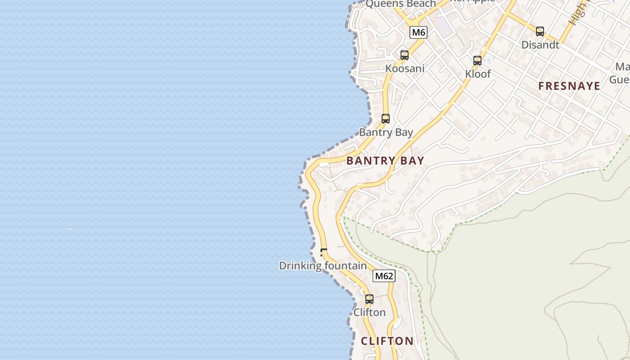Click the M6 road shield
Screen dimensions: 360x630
pos(418,32)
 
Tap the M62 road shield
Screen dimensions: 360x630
pos(384,276)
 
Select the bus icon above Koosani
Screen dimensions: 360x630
pos(405,55)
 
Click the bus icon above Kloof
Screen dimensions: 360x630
pos(477,61)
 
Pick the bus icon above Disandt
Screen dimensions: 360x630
pos(540,31)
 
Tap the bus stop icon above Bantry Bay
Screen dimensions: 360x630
pos(386,119)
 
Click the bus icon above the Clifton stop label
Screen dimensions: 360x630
pos(369,299)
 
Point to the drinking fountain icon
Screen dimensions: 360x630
pos(324,252)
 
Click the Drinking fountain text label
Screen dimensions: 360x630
pos(323,266)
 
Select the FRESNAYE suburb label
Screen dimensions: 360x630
pos(569,86)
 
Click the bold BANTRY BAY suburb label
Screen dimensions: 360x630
pos(385,161)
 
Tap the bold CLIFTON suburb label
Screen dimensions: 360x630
pos(387,341)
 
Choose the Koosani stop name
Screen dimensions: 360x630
pos(405,69)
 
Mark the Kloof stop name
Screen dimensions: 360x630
pos(478,74)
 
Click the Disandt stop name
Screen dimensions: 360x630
pos(540,45)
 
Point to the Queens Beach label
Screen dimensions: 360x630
pos(400,4)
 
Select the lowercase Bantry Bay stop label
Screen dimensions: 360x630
pos(386,132)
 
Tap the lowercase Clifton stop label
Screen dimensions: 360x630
pos(369,312)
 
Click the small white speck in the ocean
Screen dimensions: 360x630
pos(70,229)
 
